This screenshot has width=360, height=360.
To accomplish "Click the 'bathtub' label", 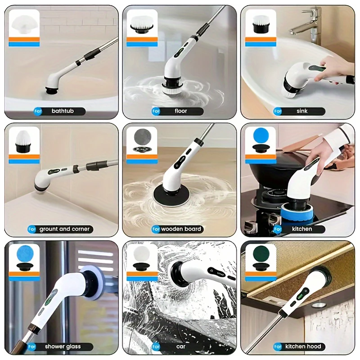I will tap(62, 111).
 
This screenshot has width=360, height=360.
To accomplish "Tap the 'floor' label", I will tap(180, 111).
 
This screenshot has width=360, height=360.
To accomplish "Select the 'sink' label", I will tap(302, 111).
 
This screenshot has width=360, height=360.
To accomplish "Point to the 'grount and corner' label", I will tap(64, 229).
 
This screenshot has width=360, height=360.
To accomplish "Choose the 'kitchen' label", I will tap(301, 229).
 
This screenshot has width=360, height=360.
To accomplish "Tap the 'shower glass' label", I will tap(63, 346).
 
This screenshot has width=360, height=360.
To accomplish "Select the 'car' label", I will tap(180, 346).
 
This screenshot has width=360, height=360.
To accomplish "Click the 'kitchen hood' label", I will tap(302, 346).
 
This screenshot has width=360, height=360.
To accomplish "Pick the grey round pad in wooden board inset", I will tap(142, 135).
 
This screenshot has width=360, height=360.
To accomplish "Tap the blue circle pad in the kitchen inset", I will tap(261, 135).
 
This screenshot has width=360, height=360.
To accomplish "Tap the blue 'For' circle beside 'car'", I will tap(156, 346).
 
